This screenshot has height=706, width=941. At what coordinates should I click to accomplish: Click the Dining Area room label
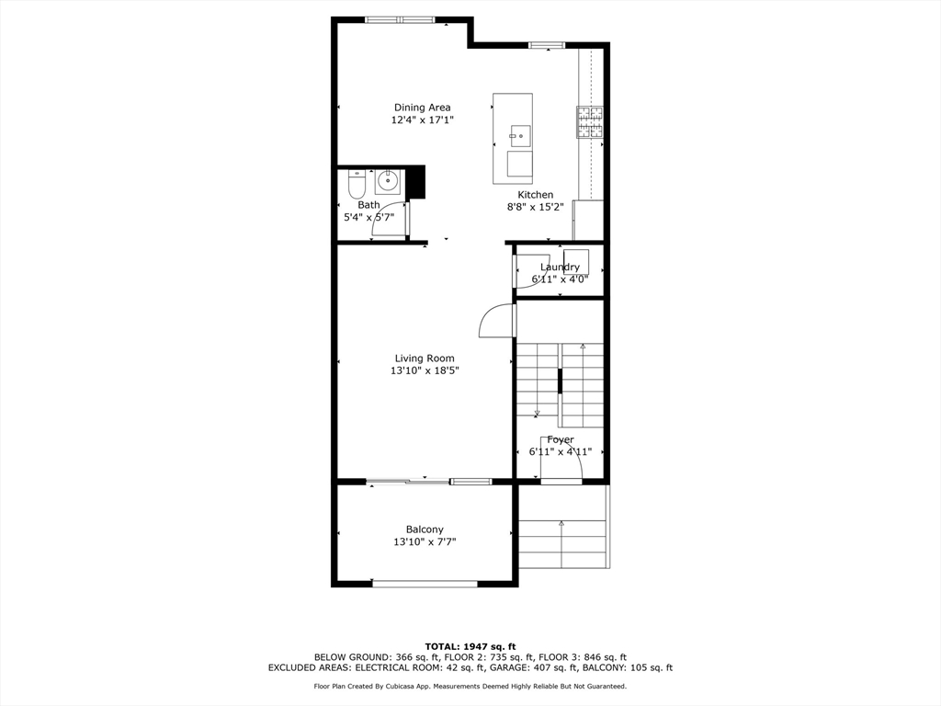coord(422,108)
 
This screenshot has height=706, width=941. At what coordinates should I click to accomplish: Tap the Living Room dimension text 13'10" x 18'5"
coord(424,371)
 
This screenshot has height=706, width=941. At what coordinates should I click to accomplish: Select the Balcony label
coord(425,529)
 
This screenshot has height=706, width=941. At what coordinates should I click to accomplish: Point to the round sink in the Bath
coord(389,179)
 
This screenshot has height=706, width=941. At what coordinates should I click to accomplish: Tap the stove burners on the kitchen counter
coord(590,122)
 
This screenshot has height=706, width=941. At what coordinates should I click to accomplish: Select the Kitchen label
coord(535,195)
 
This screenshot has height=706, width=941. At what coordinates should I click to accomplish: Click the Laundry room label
coord(560,268)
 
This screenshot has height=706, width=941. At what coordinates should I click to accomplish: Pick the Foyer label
coord(561,440)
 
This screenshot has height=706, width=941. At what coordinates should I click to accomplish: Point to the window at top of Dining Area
coord(400,19)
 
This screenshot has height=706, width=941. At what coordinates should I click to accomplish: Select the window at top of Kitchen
coord(546,43)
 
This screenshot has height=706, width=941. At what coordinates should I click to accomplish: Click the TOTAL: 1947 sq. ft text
coord(470,646)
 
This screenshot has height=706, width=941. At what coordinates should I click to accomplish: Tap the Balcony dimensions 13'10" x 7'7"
coord(425,542)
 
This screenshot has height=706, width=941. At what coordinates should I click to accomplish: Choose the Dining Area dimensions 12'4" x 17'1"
coord(422,120)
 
